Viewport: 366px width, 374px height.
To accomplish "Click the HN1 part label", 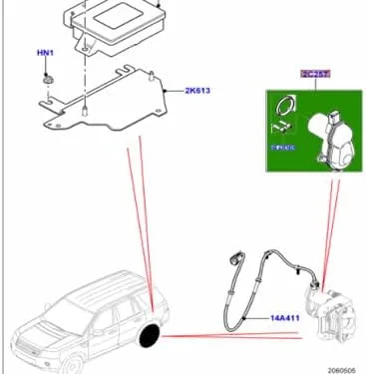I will [47, 51].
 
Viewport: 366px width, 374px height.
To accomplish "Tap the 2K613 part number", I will [197, 91].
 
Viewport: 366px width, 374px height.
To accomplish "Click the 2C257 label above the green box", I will [314, 74].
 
